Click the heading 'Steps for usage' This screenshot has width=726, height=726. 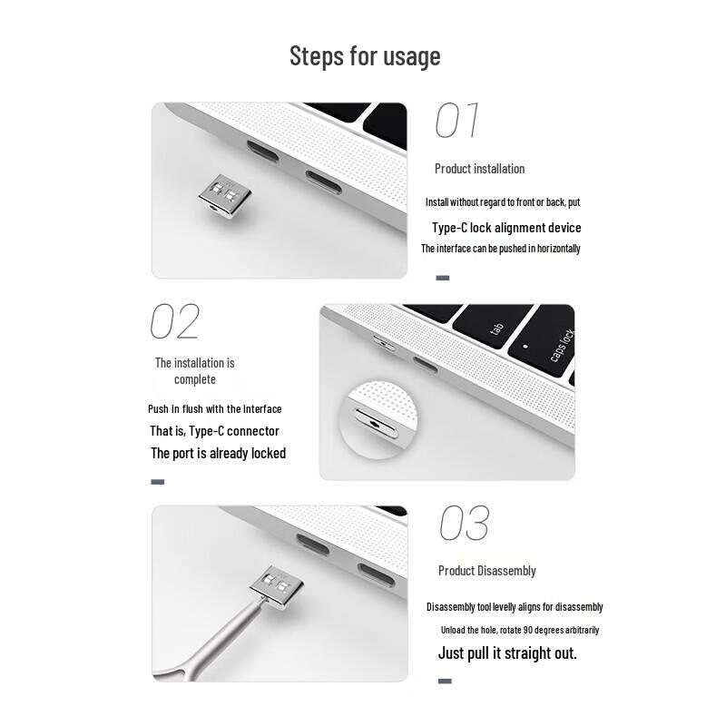point(365,56)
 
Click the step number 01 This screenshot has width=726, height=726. point(457,121)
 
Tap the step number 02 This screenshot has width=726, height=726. point(174,321)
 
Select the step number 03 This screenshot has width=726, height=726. point(464,524)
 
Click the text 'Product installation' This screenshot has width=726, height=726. point(479,169)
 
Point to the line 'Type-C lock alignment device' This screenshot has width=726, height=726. point(506,228)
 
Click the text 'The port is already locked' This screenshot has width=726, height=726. point(218,453)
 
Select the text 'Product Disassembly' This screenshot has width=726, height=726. point(486,571)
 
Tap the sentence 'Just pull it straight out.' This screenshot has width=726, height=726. point(507,652)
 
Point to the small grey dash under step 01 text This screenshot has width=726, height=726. point(443,278)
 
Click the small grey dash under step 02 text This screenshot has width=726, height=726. point(157,482)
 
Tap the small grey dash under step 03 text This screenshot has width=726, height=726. point(445,680)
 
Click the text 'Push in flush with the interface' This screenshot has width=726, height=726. point(215,409)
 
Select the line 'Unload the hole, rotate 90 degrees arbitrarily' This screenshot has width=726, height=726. point(520,630)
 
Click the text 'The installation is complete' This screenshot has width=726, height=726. point(195,371)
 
